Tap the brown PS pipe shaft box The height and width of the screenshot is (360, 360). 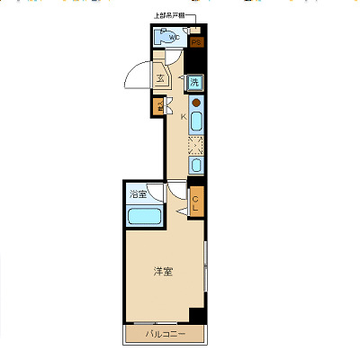point(197,42)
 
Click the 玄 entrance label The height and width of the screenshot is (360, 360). point(160,78)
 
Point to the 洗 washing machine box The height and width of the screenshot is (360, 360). point(194,83)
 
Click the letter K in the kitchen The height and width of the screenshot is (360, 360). point(183,116)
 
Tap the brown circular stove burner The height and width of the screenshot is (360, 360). point(195,103)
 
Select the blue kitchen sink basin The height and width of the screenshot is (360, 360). point(195,121)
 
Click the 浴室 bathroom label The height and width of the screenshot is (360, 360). point(138,193)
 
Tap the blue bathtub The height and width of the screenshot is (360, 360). point(143,216)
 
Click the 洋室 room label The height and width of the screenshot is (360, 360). point(162,271)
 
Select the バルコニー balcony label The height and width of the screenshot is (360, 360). point(167,335)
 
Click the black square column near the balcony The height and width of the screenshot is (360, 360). point(197,315)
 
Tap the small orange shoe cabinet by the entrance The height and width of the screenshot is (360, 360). point(156,105)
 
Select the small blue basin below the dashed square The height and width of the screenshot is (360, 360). point(195,165)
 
